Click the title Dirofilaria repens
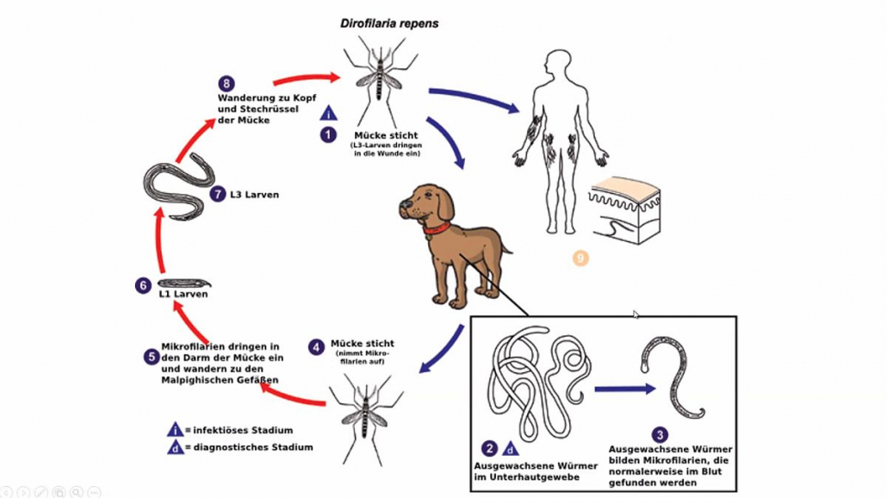[389, 23]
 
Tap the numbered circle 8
[226, 84]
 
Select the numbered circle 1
[328, 134]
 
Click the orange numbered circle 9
[580, 258]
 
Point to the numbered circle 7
[218, 195]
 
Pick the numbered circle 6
[143, 285]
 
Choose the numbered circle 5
[151, 355]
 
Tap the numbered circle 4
[317, 347]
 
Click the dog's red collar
[437, 229]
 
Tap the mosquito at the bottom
[366, 418]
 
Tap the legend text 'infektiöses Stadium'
[243, 430]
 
